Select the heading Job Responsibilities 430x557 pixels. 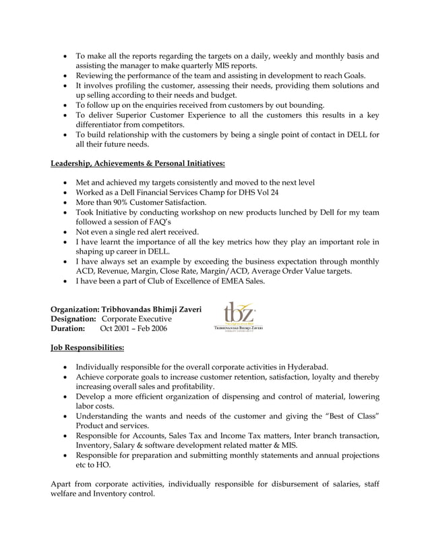pyautogui.click(x=87, y=348)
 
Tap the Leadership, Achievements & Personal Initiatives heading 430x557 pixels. pyautogui.click(x=138, y=163)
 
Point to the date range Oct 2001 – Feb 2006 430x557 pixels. pyautogui.click(x=133, y=328)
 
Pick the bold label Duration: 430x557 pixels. pyautogui.click(x=68, y=328)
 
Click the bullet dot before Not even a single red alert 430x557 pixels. pyautogui.click(x=65, y=231)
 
